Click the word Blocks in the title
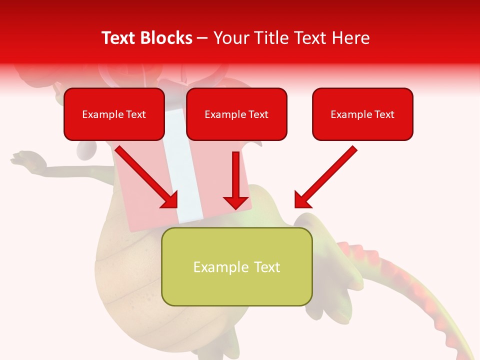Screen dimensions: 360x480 point(165,38)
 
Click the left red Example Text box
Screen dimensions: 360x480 point(114,114)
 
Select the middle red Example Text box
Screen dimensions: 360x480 point(236,114)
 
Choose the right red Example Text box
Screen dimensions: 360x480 point(362,114)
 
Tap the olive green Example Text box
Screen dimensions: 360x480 point(236,266)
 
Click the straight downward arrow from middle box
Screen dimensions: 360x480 point(236,175)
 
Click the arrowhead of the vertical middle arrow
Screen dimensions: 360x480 point(236,202)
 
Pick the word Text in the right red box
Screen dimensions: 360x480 point(384,114)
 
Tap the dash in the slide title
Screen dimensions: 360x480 point(202,38)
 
